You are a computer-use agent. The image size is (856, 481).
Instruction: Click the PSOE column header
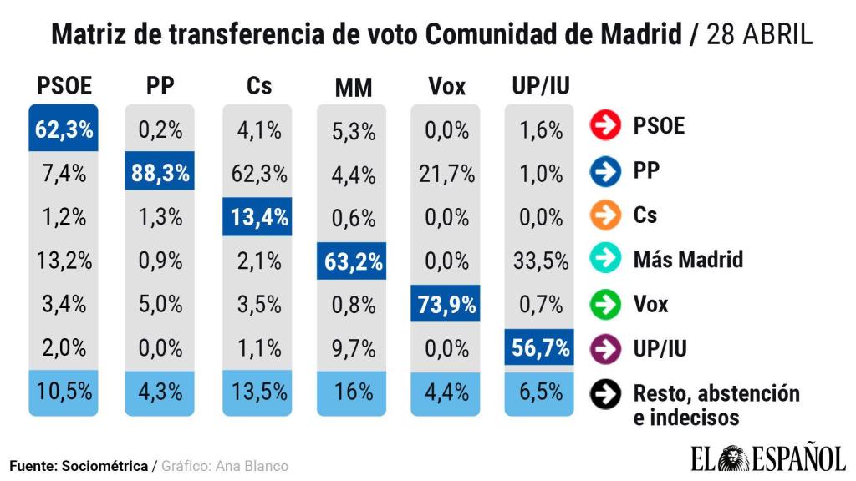click(64, 86)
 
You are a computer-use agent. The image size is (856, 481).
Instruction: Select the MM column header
click(353, 88)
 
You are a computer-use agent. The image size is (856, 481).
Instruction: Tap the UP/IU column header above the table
click(540, 86)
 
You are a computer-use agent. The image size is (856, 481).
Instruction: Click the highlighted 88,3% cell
click(160, 174)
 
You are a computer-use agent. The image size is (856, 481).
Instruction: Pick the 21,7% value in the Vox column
click(446, 174)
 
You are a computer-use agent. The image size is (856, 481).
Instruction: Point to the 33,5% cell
click(540, 261)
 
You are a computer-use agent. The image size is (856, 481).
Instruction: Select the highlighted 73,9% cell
click(446, 304)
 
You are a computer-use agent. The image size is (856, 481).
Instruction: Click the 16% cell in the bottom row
click(353, 392)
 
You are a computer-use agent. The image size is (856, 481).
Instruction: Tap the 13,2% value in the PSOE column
click(64, 261)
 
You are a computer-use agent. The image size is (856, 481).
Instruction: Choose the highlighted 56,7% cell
click(540, 347)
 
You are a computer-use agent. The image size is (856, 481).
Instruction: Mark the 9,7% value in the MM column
click(353, 347)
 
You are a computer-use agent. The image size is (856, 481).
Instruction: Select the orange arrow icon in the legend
click(605, 215)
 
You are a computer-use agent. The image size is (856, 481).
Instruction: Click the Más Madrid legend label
click(688, 259)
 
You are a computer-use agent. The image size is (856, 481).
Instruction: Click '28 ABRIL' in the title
click(759, 35)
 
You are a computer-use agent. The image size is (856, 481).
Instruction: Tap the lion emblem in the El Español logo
click(732, 458)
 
